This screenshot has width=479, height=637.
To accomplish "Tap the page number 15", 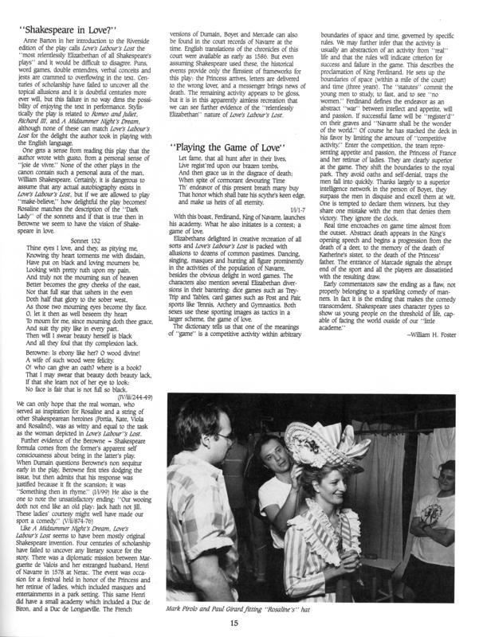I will click(x=239, y=626).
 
